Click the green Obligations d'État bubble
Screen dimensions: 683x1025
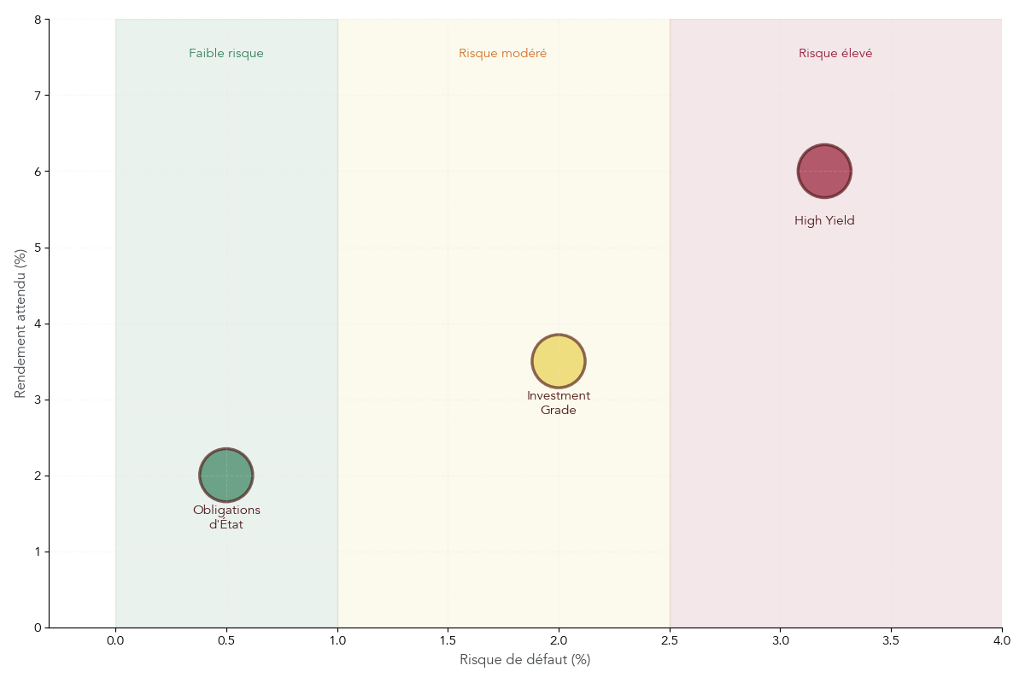coord(226,475)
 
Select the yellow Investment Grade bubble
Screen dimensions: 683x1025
coord(559,361)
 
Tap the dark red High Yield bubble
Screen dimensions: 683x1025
coord(824,172)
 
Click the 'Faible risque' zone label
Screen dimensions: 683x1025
coord(226,53)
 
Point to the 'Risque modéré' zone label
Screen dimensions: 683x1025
coord(502,53)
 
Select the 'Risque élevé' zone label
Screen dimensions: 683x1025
coord(835,53)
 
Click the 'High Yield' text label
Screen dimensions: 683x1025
coord(824,220)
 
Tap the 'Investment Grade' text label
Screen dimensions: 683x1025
coord(559,403)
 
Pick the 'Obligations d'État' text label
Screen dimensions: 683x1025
coord(226,517)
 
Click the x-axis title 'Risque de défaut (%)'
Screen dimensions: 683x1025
coord(524,660)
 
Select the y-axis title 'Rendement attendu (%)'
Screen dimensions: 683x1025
coord(20,324)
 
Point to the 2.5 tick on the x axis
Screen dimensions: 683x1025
coord(670,640)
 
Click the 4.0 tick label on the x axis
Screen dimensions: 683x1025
coord(1001,640)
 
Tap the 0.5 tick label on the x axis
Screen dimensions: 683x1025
coord(226,640)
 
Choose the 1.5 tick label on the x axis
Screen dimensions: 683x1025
coord(448,640)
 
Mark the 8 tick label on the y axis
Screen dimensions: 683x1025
coord(38,19)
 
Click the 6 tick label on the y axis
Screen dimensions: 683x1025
coord(38,172)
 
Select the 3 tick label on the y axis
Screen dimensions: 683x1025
coord(38,400)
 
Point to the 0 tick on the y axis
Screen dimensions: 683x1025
coord(38,628)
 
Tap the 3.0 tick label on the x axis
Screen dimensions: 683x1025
coord(780,640)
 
